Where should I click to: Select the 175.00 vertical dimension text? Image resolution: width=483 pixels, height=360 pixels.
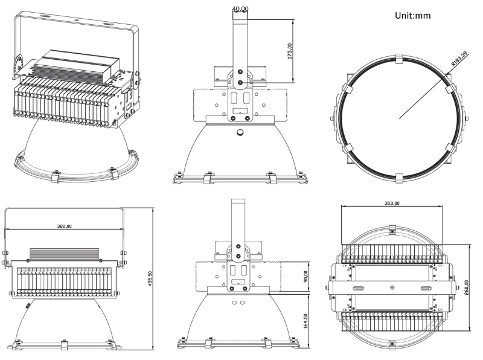tap(290, 51)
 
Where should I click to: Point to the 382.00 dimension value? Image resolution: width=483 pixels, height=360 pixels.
tap(64, 226)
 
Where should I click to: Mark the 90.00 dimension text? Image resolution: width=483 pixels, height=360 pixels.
tap(306, 276)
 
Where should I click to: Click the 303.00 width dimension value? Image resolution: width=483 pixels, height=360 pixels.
tap(391, 203)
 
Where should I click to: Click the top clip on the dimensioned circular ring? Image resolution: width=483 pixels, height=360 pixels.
tap(398, 59)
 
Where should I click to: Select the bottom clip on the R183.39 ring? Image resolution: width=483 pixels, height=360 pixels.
tap(398, 177)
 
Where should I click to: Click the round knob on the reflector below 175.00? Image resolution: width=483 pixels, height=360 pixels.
tap(241, 132)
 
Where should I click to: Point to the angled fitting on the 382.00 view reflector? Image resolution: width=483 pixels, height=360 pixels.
tap(27, 306)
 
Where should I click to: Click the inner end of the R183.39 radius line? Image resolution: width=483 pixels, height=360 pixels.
tap(398, 118)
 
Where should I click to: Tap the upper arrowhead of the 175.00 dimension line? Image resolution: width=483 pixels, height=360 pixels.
tap(293, 22)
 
